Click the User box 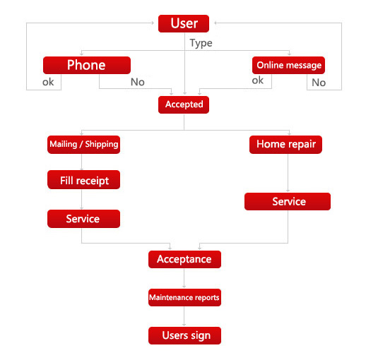tap(184, 23)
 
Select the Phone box tap(87, 65)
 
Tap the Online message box tap(288, 65)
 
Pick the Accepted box tap(184, 104)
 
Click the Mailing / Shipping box tap(83, 145)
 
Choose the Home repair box tap(285, 145)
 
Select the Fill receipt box tap(83, 179)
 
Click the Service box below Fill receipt tap(83, 219)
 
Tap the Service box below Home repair tap(288, 201)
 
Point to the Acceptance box tap(184, 259)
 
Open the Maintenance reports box tap(184, 297)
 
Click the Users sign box tap(184, 335)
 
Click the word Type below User tap(201, 43)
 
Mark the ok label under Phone tap(48, 82)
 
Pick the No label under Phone tap(138, 82)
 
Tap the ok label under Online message tap(258, 80)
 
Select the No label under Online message tap(319, 83)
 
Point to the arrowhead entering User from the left tap(153, 23)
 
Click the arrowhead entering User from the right tap(216, 23)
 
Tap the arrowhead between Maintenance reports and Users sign tap(184, 325)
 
